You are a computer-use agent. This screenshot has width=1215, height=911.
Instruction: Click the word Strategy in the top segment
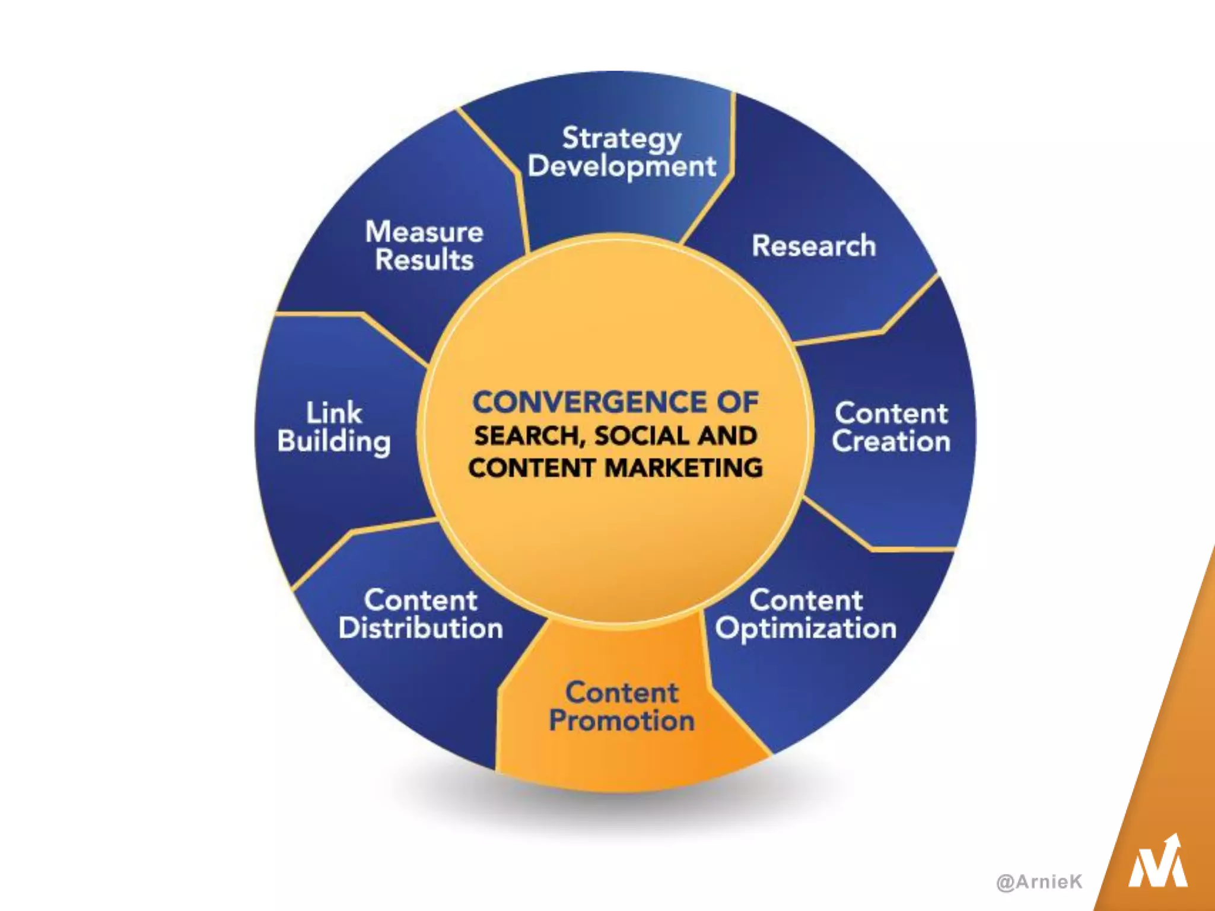tap(621, 139)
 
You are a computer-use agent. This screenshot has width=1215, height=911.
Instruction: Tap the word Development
tap(622, 167)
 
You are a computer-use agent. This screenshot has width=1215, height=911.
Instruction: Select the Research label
tap(813, 246)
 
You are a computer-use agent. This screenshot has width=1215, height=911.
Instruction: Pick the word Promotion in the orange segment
tap(621, 721)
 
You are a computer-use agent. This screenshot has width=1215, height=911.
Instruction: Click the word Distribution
tap(421, 628)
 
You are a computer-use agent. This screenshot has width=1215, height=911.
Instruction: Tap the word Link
tap(334, 413)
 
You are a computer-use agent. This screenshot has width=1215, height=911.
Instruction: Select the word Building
tap(334, 442)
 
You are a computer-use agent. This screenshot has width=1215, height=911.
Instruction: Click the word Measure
tap(424, 232)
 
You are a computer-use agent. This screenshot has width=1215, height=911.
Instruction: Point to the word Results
tap(424, 260)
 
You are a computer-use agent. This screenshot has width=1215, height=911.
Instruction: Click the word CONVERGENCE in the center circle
tap(587, 402)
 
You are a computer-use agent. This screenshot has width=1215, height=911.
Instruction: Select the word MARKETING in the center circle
tap(683, 468)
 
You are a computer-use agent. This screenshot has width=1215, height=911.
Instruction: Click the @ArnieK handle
tap(1039, 882)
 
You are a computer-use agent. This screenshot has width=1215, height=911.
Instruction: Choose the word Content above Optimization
tap(806, 600)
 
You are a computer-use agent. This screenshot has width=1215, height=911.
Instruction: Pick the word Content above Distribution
tap(421, 600)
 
